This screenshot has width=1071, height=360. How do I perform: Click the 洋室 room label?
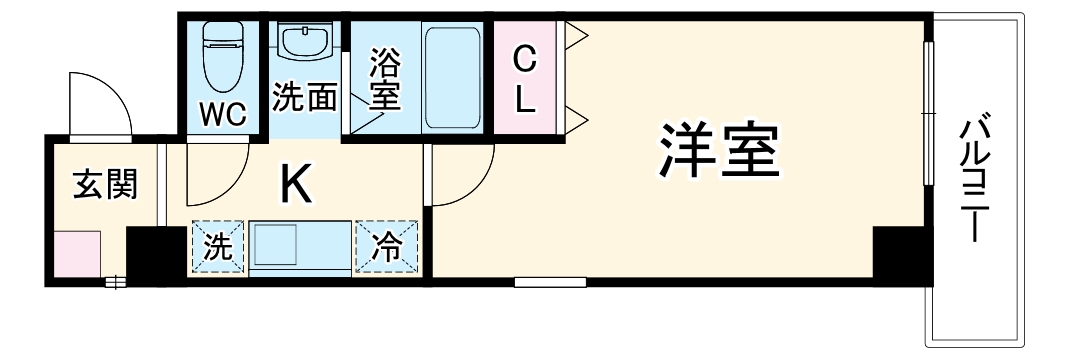pos(717,151)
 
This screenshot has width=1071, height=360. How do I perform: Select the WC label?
pos(224,113)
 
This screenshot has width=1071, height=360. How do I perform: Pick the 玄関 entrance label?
pos(104,184)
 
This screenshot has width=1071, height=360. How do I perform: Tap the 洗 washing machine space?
pos(217,247)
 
